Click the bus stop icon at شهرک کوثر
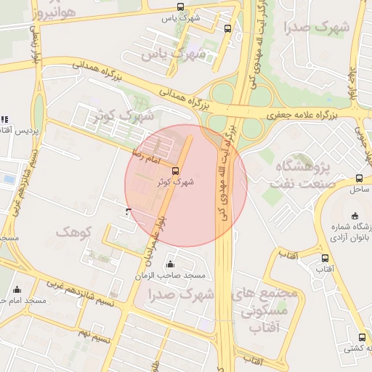(x=174, y=171)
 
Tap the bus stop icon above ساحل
(x=359, y=178)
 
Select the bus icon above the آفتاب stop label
(x=324, y=258)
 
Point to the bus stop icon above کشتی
(x=362, y=337)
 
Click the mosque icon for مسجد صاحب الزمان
(x=170, y=264)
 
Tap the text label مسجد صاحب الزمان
(x=170, y=276)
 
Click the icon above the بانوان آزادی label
(x=355, y=216)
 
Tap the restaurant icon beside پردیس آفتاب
(x=4, y=118)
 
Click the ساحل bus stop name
(x=358, y=189)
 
